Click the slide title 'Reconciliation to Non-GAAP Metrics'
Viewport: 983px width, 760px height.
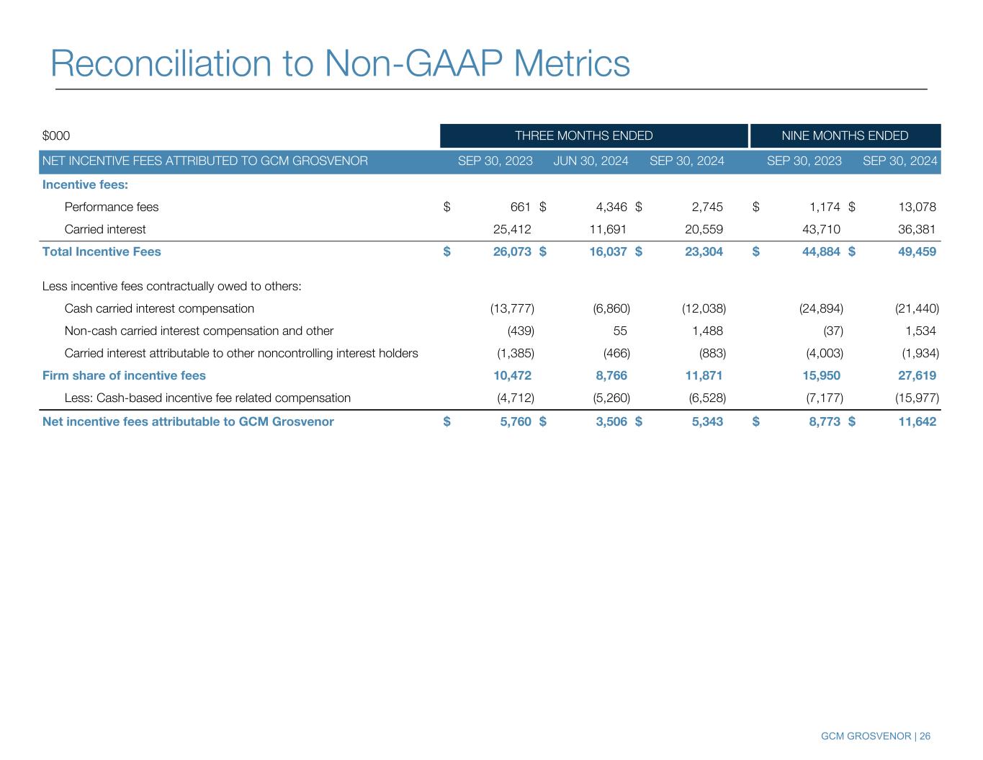(x=340, y=63)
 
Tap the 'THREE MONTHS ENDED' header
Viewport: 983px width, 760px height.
(x=583, y=136)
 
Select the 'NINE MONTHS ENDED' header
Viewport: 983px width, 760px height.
(x=845, y=136)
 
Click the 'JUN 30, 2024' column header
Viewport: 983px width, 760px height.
(x=591, y=161)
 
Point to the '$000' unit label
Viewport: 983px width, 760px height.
(x=56, y=136)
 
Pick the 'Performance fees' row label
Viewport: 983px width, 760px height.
(x=112, y=207)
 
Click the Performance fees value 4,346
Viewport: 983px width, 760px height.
(x=611, y=207)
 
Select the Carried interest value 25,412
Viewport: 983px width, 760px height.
(x=511, y=230)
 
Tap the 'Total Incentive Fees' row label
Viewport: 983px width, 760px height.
(x=102, y=252)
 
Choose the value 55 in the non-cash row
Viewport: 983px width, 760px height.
(x=620, y=331)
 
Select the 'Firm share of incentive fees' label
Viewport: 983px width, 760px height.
(x=124, y=376)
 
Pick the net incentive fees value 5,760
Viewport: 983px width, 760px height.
(x=516, y=422)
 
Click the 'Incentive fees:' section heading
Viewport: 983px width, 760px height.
(x=85, y=185)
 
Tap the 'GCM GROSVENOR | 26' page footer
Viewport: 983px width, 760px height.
(x=876, y=736)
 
